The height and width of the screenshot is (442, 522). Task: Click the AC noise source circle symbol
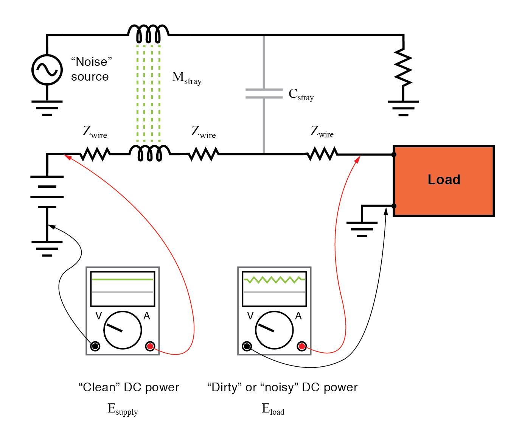47,70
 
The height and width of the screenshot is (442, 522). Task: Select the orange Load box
444,181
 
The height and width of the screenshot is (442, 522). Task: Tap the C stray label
301,95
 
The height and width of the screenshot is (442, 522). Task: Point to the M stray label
186,78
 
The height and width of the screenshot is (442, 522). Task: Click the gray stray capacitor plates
264,93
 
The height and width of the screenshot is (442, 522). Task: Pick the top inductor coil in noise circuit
148,34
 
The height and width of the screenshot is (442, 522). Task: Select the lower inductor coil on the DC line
150,153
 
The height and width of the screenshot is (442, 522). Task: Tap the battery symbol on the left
47,192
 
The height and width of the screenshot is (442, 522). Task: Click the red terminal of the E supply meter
150,346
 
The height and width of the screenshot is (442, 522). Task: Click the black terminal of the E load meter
247,346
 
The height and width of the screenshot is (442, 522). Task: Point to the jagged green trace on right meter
274,280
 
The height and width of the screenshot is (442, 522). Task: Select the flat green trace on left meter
123,280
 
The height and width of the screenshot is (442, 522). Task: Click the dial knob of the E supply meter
123,330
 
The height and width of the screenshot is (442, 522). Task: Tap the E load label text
273,409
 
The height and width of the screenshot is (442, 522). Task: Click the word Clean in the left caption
99,388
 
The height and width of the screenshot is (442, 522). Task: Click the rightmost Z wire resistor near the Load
322,154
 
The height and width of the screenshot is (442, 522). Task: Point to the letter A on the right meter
298,316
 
